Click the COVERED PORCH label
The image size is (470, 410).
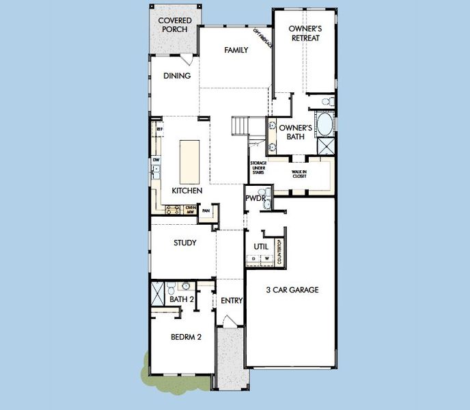174,25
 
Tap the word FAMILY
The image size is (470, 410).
236,50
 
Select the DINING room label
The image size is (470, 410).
177,76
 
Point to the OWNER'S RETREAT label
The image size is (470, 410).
305,33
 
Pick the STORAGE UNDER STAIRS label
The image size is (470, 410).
258,168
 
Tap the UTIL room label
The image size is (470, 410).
260,246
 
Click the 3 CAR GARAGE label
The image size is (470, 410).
292,290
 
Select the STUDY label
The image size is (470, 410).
184,243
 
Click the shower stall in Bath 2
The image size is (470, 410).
158,292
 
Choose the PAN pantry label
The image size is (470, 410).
206,211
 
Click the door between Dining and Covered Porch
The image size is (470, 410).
188,59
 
